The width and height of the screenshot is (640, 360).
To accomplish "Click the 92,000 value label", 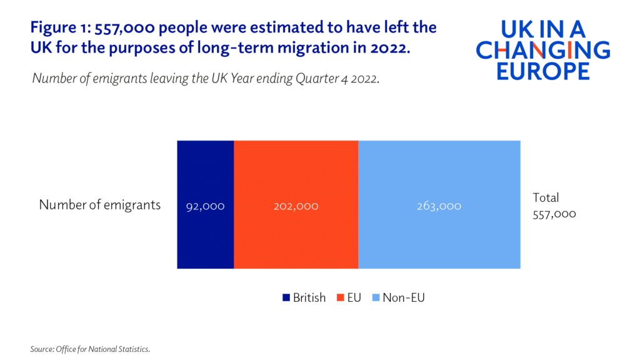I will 205,206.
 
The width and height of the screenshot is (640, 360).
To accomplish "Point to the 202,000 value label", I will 296,206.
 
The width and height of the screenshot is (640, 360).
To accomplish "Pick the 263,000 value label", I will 439,206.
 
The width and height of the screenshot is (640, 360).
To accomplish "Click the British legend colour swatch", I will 286,298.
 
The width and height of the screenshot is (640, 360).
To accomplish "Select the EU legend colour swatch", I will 342,298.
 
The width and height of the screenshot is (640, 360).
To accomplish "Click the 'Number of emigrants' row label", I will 100,205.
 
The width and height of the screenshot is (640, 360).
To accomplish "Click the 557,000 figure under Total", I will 554,214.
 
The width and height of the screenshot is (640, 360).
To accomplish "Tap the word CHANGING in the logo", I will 542,50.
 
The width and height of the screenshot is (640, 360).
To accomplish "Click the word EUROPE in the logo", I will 542,71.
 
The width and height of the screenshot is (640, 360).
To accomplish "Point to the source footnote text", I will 89,349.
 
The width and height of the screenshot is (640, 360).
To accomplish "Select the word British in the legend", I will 309,298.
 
